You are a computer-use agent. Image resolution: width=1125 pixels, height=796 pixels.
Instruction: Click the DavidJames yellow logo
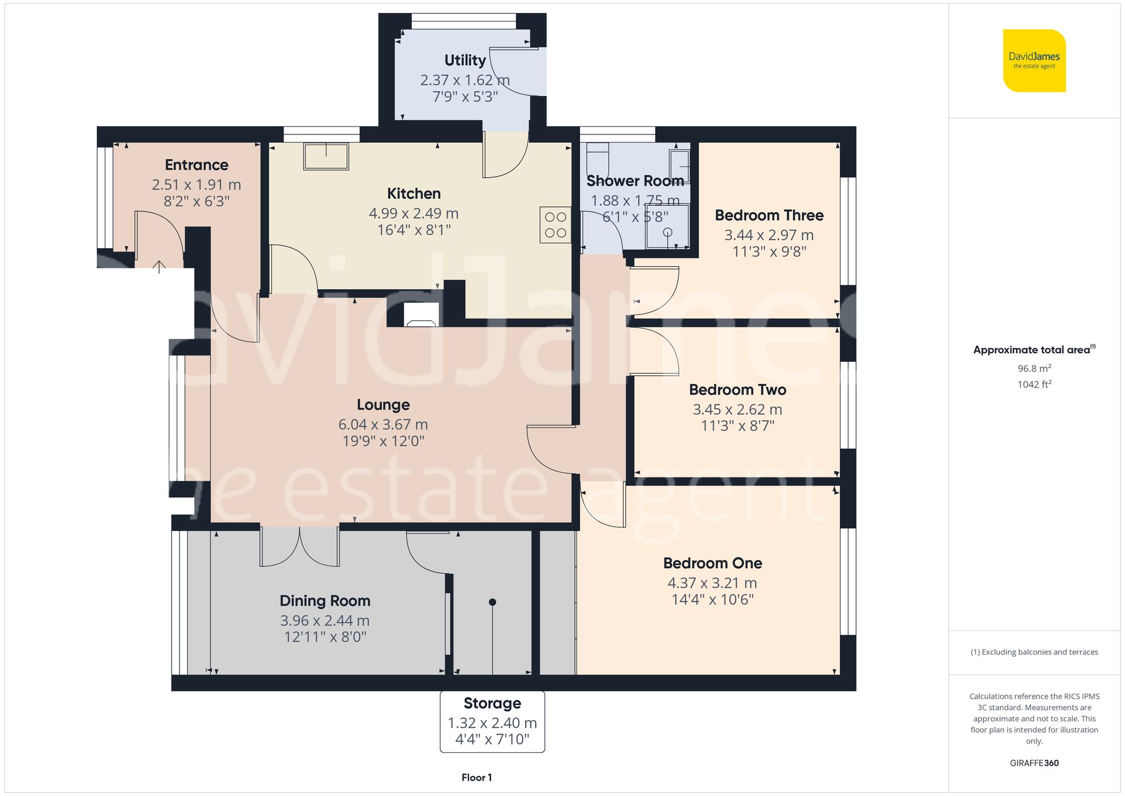(x=1034, y=61)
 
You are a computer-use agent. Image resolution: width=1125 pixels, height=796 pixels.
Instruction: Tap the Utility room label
(x=465, y=60)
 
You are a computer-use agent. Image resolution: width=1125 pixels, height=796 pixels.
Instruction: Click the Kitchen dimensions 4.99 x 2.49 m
(x=413, y=214)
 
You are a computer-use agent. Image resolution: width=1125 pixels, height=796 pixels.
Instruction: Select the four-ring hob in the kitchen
(x=555, y=225)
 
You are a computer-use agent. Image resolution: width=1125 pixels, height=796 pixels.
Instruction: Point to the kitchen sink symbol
(x=326, y=156)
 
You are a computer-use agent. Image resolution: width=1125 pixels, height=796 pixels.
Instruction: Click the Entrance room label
(x=196, y=165)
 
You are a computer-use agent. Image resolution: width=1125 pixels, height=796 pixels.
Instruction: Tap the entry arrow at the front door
(x=159, y=266)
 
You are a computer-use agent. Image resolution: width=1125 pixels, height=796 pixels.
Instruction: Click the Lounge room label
(x=383, y=405)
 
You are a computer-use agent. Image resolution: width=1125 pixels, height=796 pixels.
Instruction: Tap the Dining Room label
(x=325, y=601)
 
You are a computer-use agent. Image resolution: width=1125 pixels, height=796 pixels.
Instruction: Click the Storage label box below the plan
(x=492, y=721)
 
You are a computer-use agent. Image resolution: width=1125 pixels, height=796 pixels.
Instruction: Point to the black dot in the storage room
(x=492, y=602)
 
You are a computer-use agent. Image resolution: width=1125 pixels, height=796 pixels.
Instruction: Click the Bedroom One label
(x=712, y=563)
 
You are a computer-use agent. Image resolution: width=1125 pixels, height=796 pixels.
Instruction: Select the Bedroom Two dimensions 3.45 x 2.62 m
(x=737, y=410)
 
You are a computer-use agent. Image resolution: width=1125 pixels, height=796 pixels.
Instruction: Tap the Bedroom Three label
(x=769, y=215)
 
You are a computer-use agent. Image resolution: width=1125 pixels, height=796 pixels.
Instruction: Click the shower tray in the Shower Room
(x=668, y=226)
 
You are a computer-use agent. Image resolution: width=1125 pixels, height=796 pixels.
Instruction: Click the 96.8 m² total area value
(x=1034, y=368)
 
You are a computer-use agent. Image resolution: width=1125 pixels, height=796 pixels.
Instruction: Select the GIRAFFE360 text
(x=1034, y=763)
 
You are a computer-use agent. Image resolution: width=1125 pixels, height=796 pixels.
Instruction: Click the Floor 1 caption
(x=476, y=777)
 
